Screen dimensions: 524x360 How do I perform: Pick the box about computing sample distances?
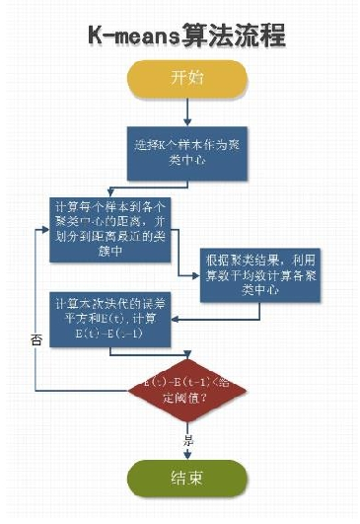pos(112,228)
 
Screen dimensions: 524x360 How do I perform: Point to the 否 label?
pos(36,338)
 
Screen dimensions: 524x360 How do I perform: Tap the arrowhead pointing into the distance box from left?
pos(45,228)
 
